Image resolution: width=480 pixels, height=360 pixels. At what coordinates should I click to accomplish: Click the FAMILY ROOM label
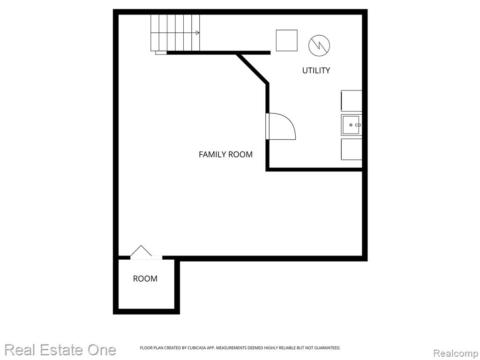coord(225,154)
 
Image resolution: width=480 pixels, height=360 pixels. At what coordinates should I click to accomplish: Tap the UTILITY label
coord(316,70)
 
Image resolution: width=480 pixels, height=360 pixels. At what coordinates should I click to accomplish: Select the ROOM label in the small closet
coord(145,278)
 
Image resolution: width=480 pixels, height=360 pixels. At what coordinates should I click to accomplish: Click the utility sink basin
coord(351,125)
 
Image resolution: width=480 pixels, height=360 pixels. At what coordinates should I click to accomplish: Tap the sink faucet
coord(358,125)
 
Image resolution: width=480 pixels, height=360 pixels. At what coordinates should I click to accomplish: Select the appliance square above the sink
coord(352,101)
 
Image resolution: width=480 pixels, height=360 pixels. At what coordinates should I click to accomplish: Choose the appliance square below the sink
coord(352,149)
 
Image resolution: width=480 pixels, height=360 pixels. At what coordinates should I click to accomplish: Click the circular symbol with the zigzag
coord(319,45)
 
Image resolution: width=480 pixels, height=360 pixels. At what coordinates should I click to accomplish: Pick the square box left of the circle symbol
coord(286,40)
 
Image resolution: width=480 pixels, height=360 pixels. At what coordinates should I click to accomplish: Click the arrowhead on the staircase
coord(198,33)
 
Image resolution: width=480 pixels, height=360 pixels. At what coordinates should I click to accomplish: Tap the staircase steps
coord(175,33)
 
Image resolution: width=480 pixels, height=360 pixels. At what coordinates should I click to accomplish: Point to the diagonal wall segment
coord(252,68)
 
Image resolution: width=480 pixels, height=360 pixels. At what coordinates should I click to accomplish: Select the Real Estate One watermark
coord(60,350)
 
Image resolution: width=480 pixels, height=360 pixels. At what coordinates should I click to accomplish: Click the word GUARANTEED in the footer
coord(327,348)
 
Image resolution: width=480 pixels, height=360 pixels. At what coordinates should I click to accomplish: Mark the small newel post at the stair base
coord(161,52)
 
